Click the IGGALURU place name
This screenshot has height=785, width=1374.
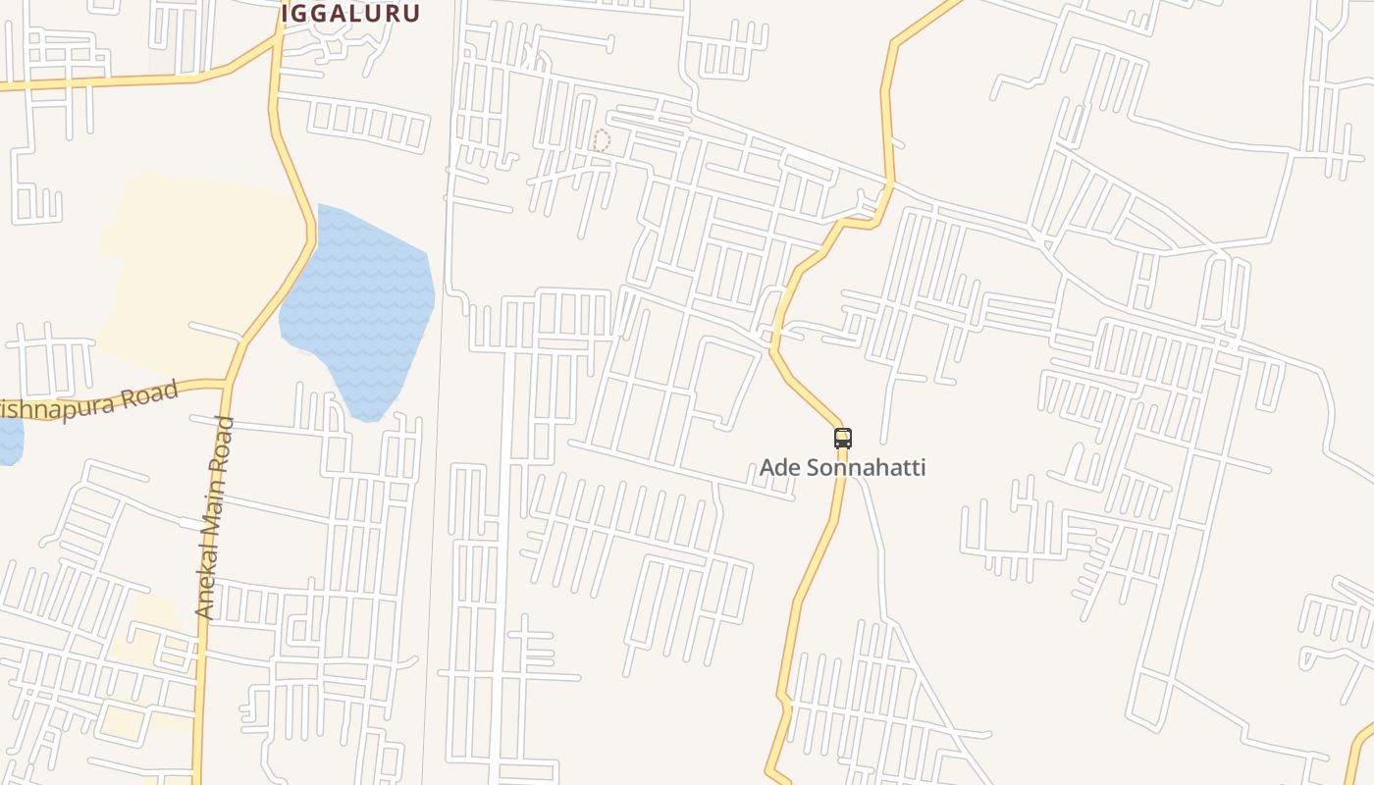tap(350, 14)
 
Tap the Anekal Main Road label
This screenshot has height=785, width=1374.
tap(215, 517)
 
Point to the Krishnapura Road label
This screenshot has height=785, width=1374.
tap(93, 401)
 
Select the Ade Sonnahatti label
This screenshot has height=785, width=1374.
tap(842, 467)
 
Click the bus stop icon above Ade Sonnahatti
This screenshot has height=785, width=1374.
tap(842, 439)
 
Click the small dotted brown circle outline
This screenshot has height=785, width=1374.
tap(601, 140)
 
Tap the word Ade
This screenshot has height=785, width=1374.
tap(780, 467)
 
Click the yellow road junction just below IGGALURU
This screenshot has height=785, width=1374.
tap(276, 44)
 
